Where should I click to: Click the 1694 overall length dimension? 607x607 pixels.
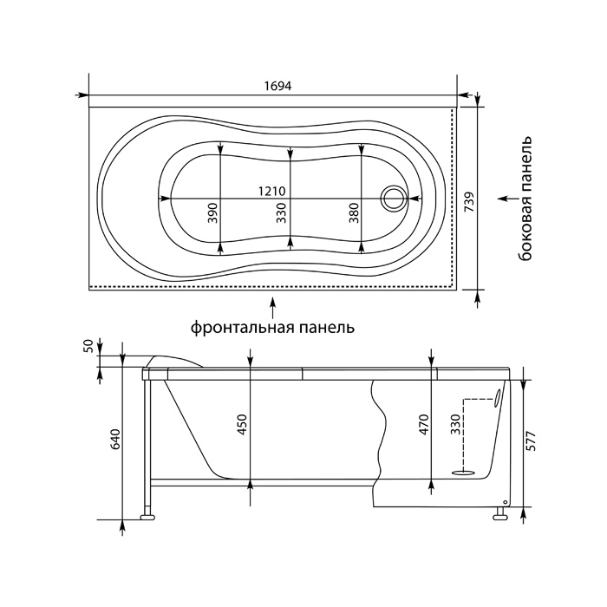(277, 86)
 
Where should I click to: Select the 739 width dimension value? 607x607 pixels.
(469, 202)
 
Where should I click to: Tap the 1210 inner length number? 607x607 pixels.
(272, 192)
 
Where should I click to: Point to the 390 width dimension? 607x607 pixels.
(213, 212)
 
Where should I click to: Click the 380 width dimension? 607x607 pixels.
(354, 212)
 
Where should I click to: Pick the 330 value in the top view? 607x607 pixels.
(282, 212)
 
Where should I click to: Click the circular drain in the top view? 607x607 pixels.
(394, 198)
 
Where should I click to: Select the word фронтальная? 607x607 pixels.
(244, 328)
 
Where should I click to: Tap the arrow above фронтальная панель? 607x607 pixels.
(273, 307)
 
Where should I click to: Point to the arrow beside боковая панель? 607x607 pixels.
(509, 199)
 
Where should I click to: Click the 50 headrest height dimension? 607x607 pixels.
(89, 345)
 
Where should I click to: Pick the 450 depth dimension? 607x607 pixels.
(242, 425)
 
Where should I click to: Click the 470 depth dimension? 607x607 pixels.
(424, 425)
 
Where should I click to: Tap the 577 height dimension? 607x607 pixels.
(533, 441)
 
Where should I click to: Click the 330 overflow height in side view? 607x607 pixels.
(456, 425)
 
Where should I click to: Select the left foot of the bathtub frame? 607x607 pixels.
(147, 517)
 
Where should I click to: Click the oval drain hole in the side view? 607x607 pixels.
(463, 473)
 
